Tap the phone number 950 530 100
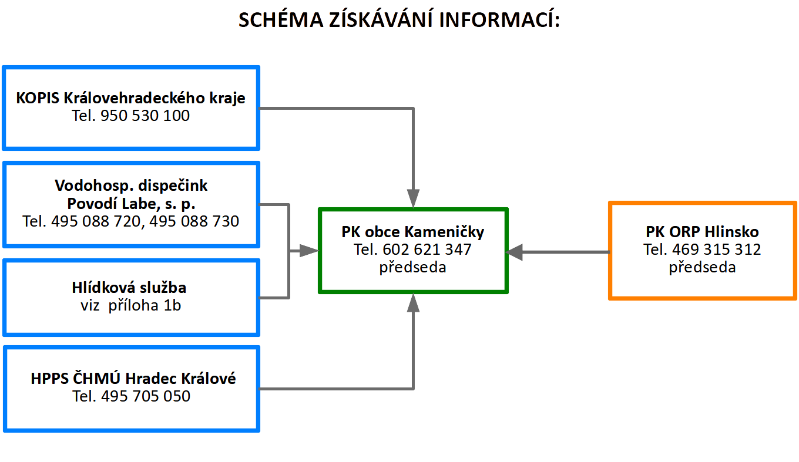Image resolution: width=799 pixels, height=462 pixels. tap(145, 116)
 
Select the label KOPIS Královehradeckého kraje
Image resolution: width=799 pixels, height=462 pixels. tap(130, 98)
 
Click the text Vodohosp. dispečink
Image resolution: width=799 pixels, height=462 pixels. tap(131, 186)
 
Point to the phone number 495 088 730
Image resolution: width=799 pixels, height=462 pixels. tap(194, 221)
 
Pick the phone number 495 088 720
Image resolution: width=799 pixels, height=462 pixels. tap(96, 221)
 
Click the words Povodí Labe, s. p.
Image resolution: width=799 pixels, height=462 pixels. tap(131, 204)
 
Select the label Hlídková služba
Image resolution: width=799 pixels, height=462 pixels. tap(129, 288)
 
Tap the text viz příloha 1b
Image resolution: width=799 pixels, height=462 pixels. tap(130, 305)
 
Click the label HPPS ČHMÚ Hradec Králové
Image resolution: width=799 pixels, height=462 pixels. tap(133, 379)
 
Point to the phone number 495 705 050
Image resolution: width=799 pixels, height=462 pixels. tap(146, 396)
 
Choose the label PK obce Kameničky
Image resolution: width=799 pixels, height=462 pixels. tap(412, 232)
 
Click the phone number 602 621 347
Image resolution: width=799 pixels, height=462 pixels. tap(427, 249)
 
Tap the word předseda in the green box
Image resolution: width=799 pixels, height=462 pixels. tap(412, 267)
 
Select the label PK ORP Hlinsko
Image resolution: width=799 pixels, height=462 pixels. tap(702, 232)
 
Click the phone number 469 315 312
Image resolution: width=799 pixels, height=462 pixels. tap(717, 249)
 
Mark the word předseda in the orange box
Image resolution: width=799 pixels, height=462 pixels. tap(702, 267)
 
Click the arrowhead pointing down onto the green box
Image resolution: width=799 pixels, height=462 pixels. tap(413, 198)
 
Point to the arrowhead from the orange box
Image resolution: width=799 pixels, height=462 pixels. tap(515, 252)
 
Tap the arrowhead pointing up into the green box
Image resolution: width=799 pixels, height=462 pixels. tap(413, 303)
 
